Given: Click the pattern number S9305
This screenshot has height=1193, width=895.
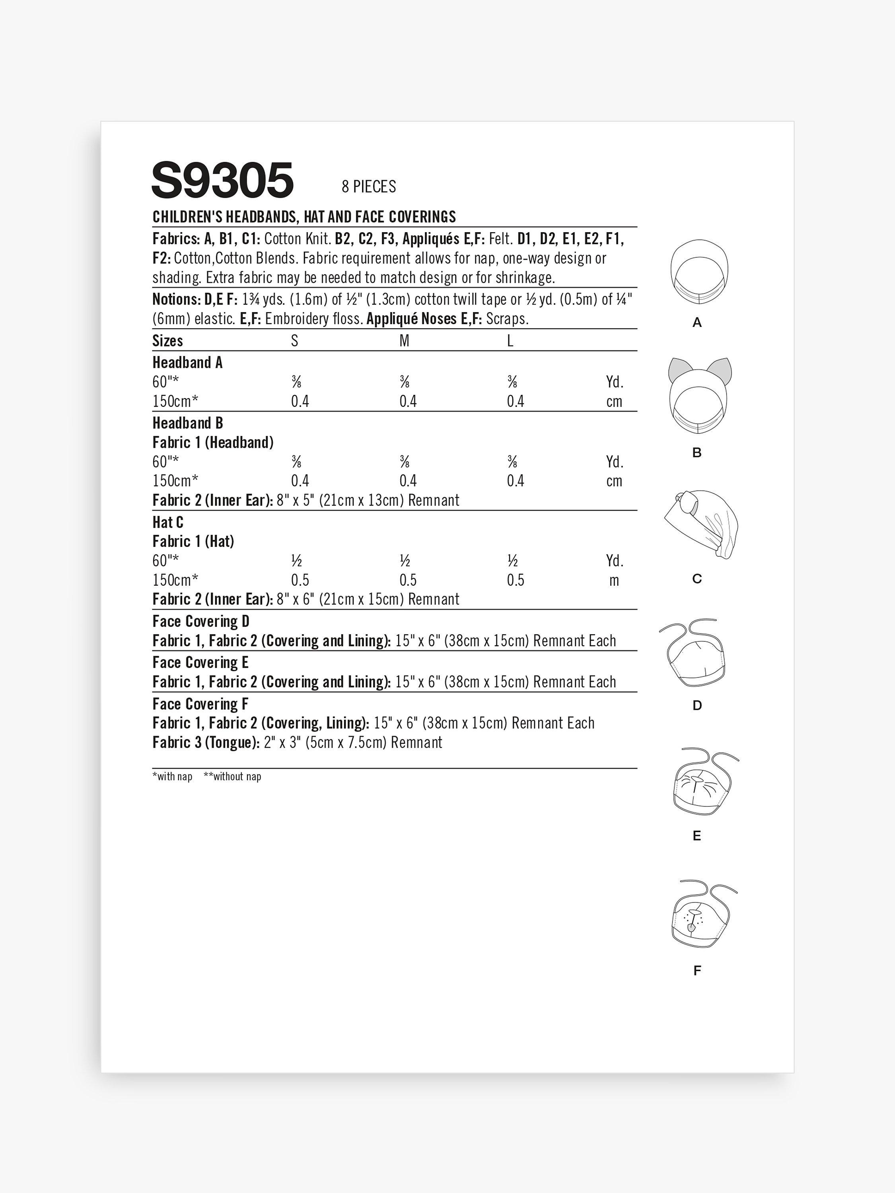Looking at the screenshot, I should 222,180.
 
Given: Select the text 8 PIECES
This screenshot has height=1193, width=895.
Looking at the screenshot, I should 368,187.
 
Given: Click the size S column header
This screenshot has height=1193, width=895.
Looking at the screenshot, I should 295,341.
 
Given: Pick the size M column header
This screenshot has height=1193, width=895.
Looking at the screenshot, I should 404,341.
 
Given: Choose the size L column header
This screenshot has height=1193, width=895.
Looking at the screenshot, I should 510,341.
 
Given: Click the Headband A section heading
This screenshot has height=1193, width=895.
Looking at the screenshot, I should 187,362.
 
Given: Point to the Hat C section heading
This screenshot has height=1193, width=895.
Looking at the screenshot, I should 168,522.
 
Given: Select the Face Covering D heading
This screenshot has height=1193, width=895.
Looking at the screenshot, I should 201,621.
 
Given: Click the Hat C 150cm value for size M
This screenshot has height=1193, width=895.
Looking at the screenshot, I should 408,580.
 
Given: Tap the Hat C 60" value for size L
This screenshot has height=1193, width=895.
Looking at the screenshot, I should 512,561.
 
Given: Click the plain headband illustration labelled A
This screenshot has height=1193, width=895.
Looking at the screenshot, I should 698,273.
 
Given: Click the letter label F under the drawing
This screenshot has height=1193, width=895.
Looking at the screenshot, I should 697,971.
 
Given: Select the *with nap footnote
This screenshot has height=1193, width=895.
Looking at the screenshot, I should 172,777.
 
